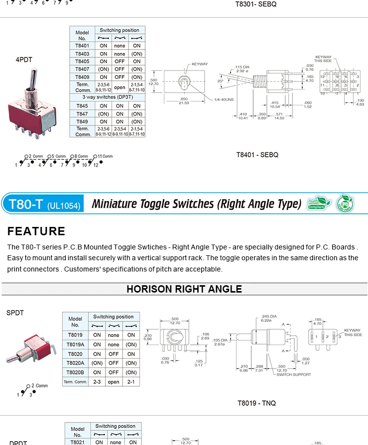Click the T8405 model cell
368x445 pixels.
[82, 61]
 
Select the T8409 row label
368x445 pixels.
[82, 77]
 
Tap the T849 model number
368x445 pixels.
[82, 122]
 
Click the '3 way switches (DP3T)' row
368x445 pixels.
[107, 97]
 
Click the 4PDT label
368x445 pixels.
[24, 59]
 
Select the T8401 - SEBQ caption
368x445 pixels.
[257, 155]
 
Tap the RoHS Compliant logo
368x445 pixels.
[316, 203]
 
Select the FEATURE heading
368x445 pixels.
[36, 231]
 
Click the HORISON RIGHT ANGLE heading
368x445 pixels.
[184, 289]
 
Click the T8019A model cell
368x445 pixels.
[75, 345]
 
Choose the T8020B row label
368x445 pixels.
[75, 372]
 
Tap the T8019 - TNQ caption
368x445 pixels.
[257, 403]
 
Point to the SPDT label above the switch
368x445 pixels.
[15, 313]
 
